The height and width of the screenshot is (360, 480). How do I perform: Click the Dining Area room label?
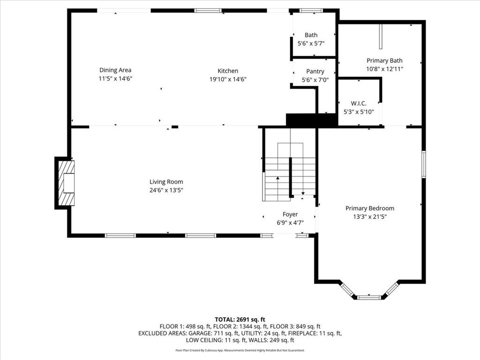coord(115,70)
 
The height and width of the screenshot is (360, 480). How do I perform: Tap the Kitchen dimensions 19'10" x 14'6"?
coord(228,79)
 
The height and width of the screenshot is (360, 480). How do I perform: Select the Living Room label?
coord(166,182)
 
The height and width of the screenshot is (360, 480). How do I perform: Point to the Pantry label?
coord(315,72)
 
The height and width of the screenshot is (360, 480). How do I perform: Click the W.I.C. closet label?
coord(359,104)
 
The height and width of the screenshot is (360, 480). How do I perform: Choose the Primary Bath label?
coord(384,60)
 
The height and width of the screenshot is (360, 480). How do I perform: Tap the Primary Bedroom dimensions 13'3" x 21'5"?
coord(370,217)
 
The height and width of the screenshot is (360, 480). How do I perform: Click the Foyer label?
coord(290,214)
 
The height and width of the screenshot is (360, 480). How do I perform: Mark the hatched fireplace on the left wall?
coord(67,183)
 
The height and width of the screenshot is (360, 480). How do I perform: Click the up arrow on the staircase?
coord(277,178)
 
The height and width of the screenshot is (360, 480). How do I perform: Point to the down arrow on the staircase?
coord(303,193)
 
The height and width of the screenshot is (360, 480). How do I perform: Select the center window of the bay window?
coord(369,297)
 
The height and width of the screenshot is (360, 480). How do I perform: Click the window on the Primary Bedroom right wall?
coord(424,164)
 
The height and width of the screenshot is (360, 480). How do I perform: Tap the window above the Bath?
coord(311,11)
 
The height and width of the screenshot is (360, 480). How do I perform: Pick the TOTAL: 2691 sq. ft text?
coord(240,320)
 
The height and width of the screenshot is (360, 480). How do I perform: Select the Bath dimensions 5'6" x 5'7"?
coord(311,44)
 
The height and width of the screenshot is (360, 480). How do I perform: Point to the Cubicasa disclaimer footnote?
coord(240,350)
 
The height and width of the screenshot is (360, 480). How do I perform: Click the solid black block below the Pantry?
coord(312,120)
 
